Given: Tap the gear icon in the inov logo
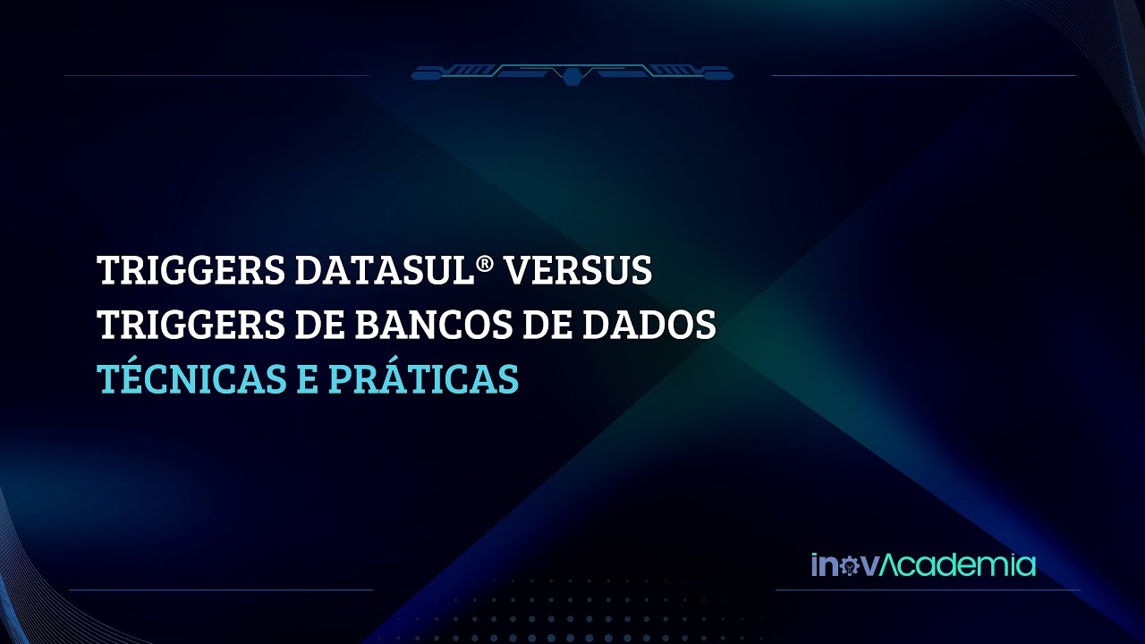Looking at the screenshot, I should tap(847, 566).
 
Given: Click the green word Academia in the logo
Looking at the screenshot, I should tap(959, 565).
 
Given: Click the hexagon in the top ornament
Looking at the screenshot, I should tap(572, 76).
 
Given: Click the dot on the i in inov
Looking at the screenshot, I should tap(816, 556).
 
